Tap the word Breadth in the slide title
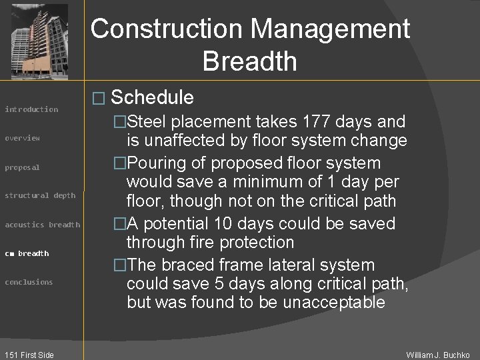[x=249, y=61]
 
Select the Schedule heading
[x=153, y=98]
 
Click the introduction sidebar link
[x=31, y=109]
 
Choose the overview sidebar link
[x=23, y=138]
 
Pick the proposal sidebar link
[x=23, y=167]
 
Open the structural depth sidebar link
[x=40, y=195]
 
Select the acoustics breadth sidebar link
[x=42, y=225]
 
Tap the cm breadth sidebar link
[x=27, y=253]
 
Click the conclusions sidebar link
[x=29, y=282]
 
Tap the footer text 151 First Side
[x=28, y=355]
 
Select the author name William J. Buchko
[x=438, y=355]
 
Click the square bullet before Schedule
[x=98, y=99]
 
